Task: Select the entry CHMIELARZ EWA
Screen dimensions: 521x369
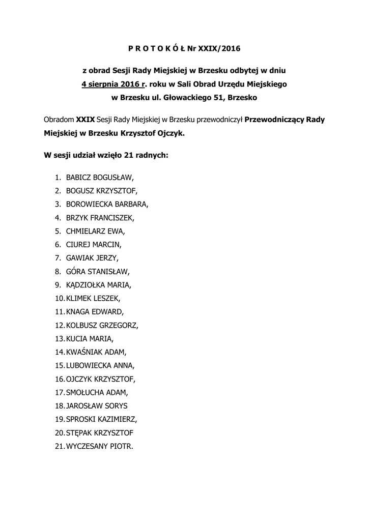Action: coord(95,231)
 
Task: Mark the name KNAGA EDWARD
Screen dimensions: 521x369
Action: coord(95,311)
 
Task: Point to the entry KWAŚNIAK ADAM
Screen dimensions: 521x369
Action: coord(96,352)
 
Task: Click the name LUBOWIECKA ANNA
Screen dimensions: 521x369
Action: coord(100,365)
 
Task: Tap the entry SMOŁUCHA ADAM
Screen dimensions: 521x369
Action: coord(97,392)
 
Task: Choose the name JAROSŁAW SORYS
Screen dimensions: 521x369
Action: coord(97,406)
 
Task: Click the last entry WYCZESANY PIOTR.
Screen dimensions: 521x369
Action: coord(100,446)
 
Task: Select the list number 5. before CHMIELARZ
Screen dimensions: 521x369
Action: coord(58,231)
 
